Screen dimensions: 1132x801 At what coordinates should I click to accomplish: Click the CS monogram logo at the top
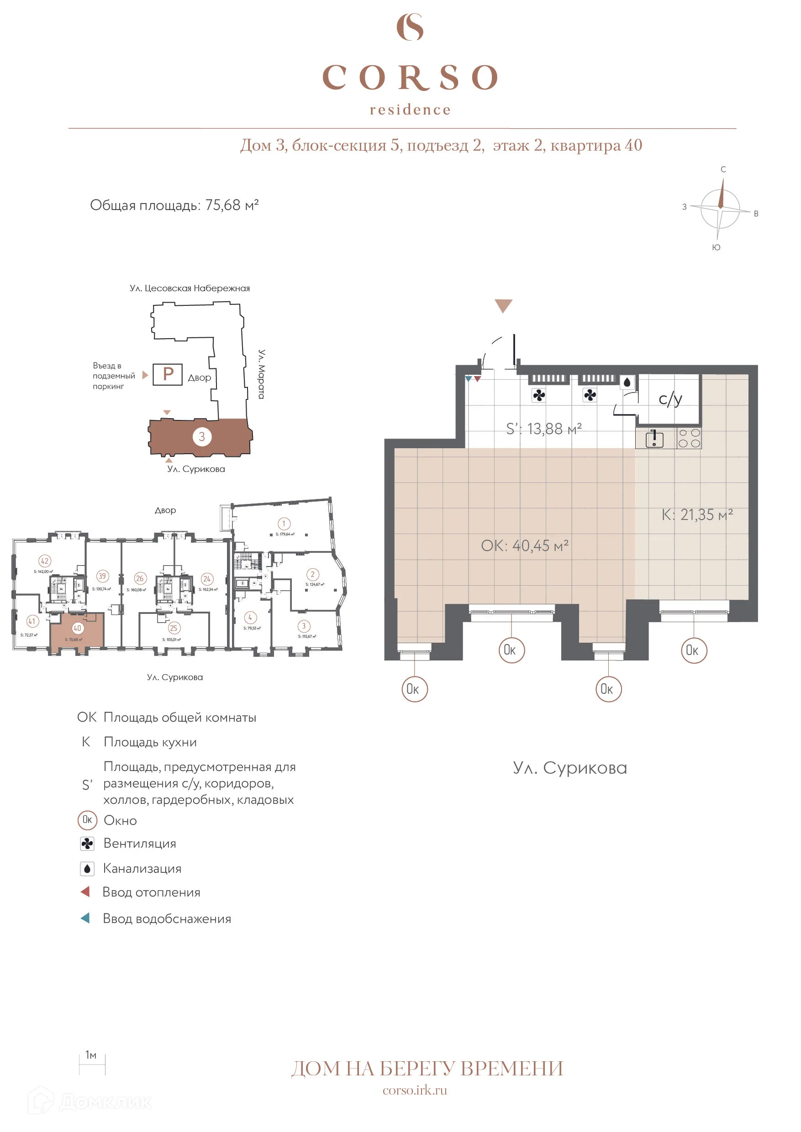pyautogui.click(x=410, y=27)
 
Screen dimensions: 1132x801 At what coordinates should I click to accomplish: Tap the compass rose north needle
pyautogui.click(x=722, y=194)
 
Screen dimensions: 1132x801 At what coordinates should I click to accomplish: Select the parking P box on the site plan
pyautogui.click(x=167, y=374)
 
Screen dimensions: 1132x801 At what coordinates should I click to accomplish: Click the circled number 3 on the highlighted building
pyautogui.click(x=202, y=436)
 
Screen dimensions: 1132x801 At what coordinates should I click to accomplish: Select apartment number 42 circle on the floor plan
pyautogui.click(x=45, y=561)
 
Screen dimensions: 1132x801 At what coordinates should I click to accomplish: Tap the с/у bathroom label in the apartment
pyautogui.click(x=670, y=399)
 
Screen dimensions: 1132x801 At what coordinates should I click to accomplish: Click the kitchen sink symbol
pyautogui.click(x=654, y=439)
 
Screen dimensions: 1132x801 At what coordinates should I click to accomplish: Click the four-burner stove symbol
pyautogui.click(x=689, y=438)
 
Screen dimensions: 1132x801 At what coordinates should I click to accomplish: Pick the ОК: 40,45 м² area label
pyautogui.click(x=525, y=546)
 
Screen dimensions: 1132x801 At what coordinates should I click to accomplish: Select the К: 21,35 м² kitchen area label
pyautogui.click(x=697, y=515)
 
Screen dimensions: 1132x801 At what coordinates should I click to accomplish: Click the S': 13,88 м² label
pyautogui.click(x=544, y=429)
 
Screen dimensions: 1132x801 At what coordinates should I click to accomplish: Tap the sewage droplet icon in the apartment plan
pyautogui.click(x=627, y=382)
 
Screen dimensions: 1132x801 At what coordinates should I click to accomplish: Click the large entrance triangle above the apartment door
pyautogui.click(x=503, y=305)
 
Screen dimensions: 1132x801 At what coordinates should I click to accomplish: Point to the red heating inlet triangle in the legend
pyautogui.click(x=85, y=892)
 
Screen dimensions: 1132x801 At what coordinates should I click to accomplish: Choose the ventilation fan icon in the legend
pyautogui.click(x=87, y=844)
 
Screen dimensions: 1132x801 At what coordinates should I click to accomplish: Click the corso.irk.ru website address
pyautogui.click(x=415, y=1090)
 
